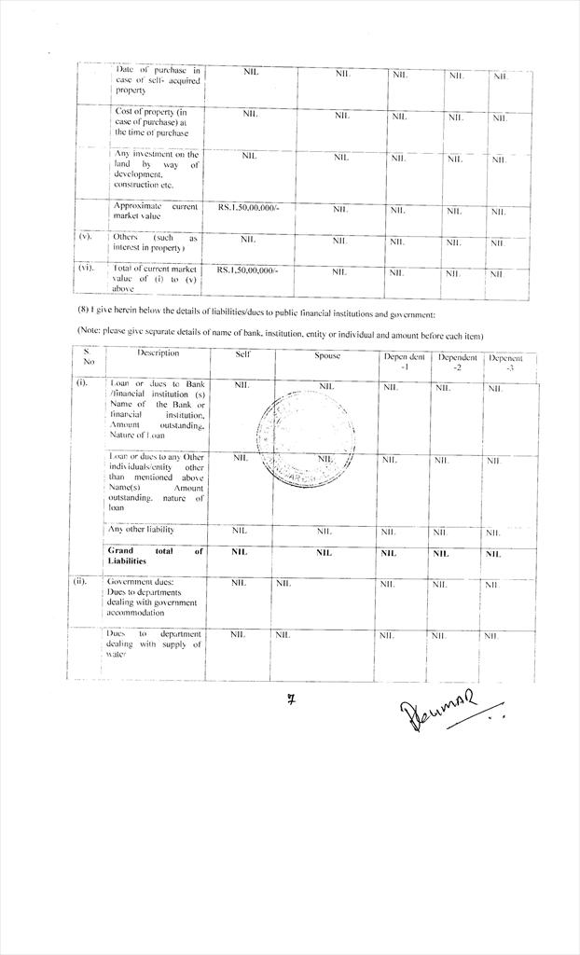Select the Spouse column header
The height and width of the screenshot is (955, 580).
(x=326, y=356)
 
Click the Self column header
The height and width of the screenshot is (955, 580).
(x=242, y=355)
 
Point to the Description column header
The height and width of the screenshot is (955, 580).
(x=158, y=353)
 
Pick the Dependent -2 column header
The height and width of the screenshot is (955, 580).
(x=457, y=362)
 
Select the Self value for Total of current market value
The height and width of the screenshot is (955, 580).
(x=248, y=270)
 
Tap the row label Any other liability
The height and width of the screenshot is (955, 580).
(x=141, y=530)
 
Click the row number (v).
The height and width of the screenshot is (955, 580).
(x=86, y=237)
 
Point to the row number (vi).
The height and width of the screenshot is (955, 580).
(x=86, y=269)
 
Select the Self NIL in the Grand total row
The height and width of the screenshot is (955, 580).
(x=241, y=553)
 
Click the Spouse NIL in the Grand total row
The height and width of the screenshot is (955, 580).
(x=324, y=553)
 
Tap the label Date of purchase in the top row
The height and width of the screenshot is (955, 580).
(x=157, y=80)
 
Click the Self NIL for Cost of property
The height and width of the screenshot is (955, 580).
(x=250, y=114)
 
